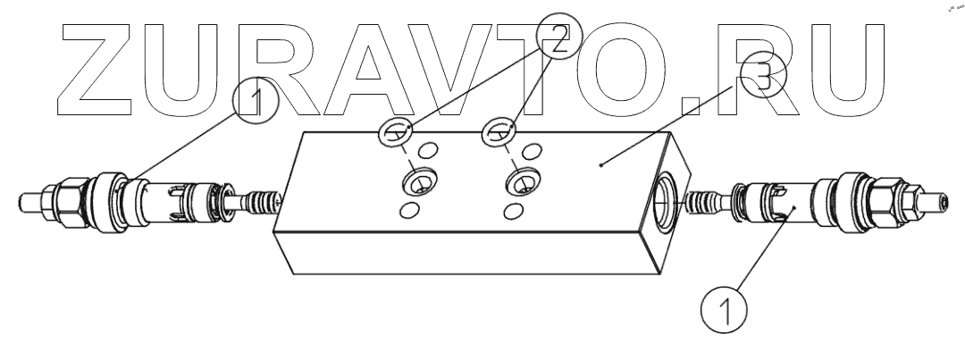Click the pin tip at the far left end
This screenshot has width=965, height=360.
[26, 198]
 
